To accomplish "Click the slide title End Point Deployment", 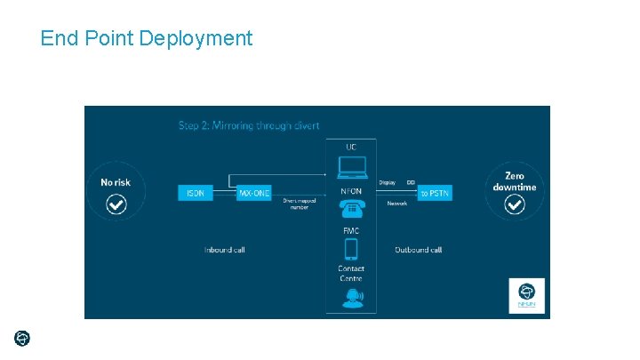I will click(147, 38).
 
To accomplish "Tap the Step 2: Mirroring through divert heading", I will click(249, 125).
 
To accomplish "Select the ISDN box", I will click(196, 193).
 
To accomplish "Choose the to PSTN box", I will click(436, 193).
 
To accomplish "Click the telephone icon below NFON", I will click(351, 210).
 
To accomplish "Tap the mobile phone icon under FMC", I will click(351, 249).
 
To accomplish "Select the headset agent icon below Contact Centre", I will click(352, 297).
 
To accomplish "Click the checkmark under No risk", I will click(116, 205).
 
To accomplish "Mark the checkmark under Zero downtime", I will click(515, 205).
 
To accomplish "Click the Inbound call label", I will click(224, 250).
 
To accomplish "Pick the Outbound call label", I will click(418, 250).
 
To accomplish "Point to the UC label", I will click(351, 146).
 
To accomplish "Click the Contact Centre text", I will click(351, 273).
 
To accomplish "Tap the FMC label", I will click(351, 231).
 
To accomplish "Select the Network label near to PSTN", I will click(397, 204).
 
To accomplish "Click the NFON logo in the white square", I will click(526, 295).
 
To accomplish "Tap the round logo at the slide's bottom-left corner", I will click(22, 338).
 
